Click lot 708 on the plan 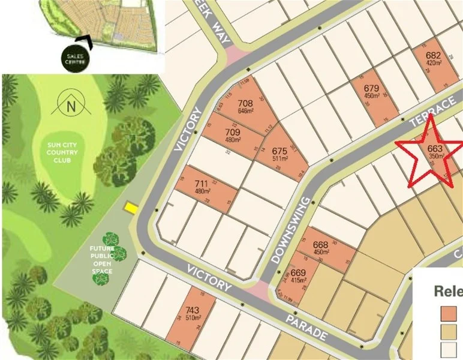click(x=245, y=107)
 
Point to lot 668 click(x=321, y=248)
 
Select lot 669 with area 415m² click(x=299, y=276)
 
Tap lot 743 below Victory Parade click(x=193, y=313)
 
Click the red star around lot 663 click(x=434, y=152)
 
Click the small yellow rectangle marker click(x=130, y=208)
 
